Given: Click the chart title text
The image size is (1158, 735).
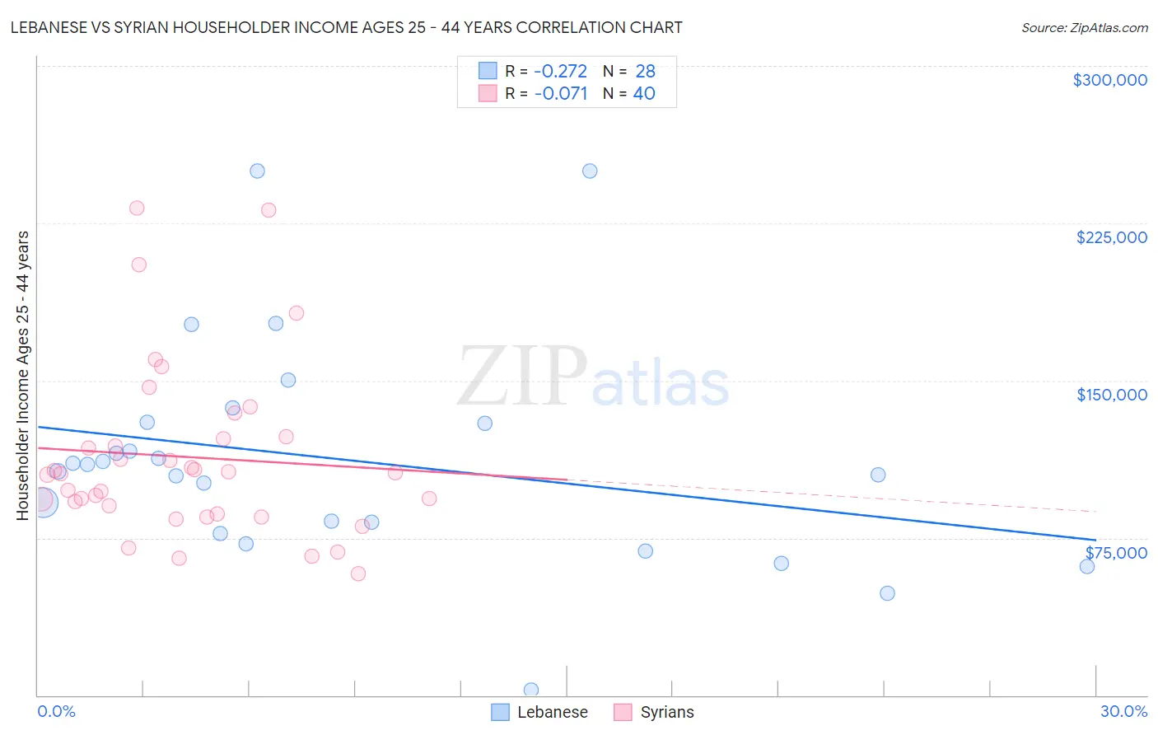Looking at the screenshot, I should [346, 27].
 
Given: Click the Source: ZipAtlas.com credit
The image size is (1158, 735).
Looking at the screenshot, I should [1084, 27].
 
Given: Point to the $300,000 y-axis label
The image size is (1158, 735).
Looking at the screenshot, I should [1109, 80].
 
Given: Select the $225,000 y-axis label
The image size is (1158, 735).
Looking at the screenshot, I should [1111, 237].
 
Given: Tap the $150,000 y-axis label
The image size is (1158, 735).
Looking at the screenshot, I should [1111, 395].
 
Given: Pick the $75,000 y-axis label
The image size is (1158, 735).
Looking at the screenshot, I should [1116, 553].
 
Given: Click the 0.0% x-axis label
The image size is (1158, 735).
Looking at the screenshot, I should [56, 711].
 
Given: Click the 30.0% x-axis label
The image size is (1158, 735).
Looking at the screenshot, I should [1123, 711].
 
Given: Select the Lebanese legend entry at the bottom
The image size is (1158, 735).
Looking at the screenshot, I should [540, 712].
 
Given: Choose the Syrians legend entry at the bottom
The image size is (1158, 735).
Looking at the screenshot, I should [655, 712].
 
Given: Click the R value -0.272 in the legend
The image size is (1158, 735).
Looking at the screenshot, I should [560, 72].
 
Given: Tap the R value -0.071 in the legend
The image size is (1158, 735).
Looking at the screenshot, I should [560, 94].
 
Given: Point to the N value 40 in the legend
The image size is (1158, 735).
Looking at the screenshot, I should [644, 94].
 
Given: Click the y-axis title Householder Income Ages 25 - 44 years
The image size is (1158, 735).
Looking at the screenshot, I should [23, 376].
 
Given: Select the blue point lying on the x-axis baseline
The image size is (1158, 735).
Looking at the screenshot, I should [531, 690].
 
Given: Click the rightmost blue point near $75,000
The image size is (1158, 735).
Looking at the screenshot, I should [1087, 566].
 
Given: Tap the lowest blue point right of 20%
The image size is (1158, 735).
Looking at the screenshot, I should [887, 593].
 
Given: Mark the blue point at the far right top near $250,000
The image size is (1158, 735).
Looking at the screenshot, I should [590, 171].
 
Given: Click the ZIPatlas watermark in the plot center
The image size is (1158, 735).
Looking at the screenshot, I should [593, 377].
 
